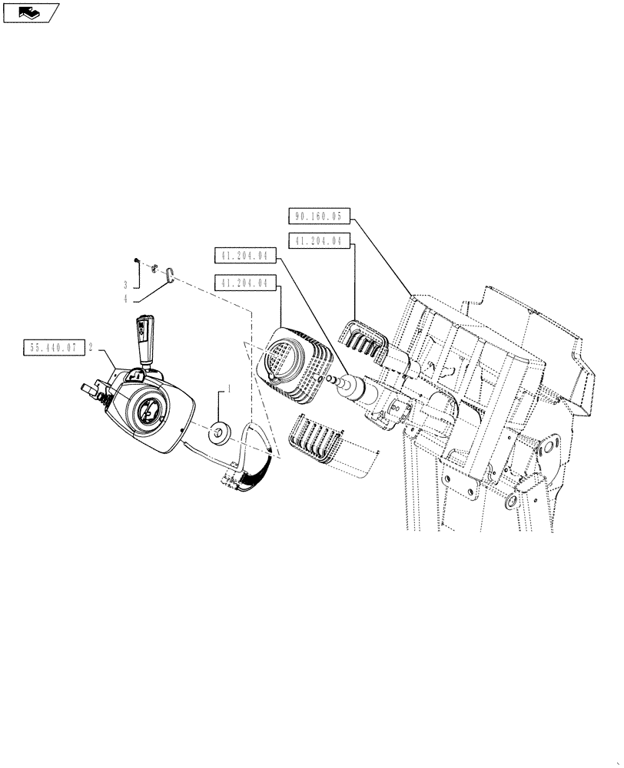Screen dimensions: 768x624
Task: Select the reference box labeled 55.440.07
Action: [x=54, y=347]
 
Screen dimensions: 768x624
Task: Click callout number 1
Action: [x=227, y=391]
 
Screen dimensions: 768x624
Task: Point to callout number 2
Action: [x=91, y=347]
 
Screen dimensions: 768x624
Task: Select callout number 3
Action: [x=125, y=284]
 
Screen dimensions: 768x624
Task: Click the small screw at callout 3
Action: [x=136, y=261]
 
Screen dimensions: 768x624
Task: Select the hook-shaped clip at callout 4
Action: [x=170, y=272]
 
